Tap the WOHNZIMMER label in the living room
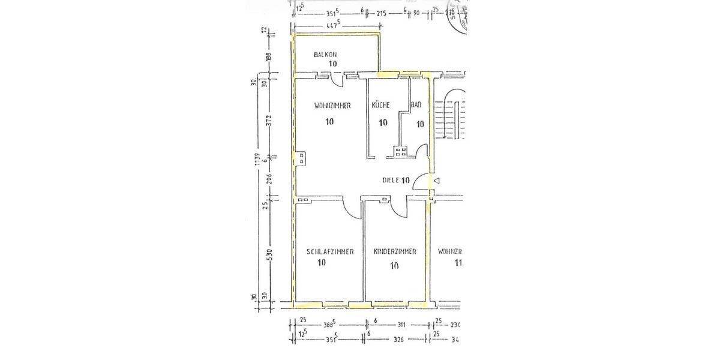(x=332, y=106)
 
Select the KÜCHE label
(x=380, y=105)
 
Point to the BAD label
(x=416, y=105)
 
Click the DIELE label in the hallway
(x=391, y=180)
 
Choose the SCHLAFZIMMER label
(x=329, y=252)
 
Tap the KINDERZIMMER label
(x=394, y=252)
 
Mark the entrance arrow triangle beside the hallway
(x=437, y=181)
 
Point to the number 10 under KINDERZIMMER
(x=394, y=265)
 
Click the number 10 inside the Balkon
(x=332, y=64)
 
